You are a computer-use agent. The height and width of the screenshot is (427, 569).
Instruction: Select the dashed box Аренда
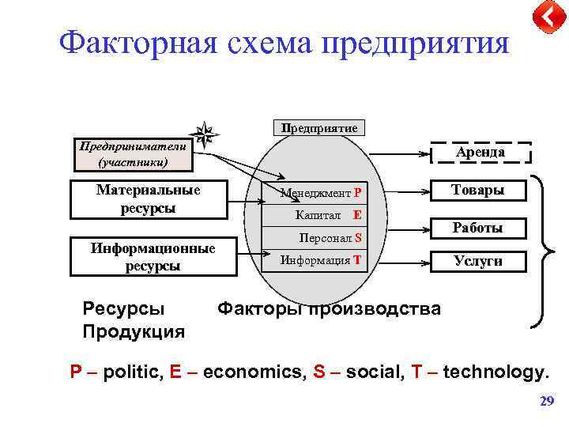pyautogui.click(x=480, y=153)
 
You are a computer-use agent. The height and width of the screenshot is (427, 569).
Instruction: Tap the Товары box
pyautogui.click(x=477, y=191)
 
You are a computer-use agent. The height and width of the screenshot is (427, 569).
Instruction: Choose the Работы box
pyautogui.click(x=477, y=228)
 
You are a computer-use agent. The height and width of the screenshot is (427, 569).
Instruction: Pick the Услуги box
pyautogui.click(x=477, y=261)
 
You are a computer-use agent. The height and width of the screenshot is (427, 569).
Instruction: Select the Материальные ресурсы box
pyautogui.click(x=149, y=199)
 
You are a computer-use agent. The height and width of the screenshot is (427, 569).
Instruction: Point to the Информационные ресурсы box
pyautogui.click(x=153, y=257)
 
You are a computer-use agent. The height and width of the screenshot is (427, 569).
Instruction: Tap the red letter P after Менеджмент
pyautogui.click(x=357, y=193)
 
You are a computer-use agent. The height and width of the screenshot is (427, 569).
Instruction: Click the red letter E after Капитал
pyautogui.click(x=357, y=215)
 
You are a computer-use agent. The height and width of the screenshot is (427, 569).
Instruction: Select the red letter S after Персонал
pyautogui.click(x=358, y=237)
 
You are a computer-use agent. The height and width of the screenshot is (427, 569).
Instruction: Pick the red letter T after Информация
pyautogui.click(x=357, y=259)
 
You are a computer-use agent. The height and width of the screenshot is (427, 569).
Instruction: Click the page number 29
pyautogui.click(x=546, y=402)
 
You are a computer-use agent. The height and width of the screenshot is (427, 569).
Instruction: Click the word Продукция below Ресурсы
pyautogui.click(x=134, y=331)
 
